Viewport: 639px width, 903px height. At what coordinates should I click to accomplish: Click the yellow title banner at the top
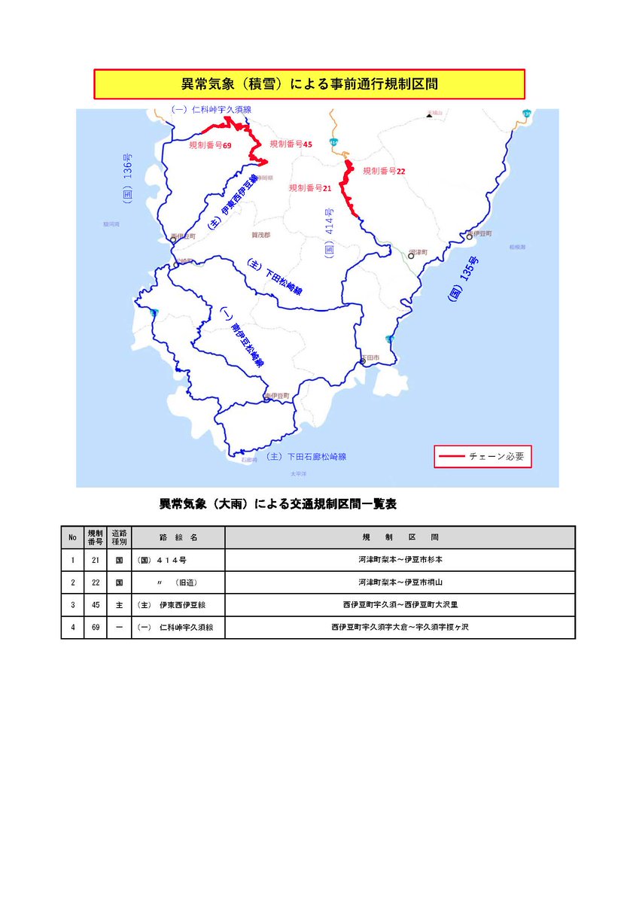pos(309,84)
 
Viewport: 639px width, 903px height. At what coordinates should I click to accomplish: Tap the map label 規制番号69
pos(210,144)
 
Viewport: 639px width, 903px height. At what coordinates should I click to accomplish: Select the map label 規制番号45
pos(291,144)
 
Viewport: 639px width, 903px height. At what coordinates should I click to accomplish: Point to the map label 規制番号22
pos(384,171)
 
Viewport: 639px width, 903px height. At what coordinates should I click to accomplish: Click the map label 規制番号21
pos(311,187)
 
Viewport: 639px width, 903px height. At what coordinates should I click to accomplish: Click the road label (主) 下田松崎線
pos(275,278)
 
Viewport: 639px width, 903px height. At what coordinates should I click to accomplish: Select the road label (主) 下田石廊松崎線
pos(306,457)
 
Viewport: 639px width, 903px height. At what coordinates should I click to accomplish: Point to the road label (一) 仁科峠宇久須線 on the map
pos(211,110)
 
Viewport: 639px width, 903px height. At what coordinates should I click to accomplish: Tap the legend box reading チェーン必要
pos(482,457)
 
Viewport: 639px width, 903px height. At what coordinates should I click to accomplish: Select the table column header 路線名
pos(178,537)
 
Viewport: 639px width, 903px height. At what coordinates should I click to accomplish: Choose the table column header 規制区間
pos(400,537)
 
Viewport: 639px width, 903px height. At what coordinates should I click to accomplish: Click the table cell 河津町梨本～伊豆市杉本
pos(400,560)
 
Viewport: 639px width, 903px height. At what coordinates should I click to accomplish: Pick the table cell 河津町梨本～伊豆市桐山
pos(400,582)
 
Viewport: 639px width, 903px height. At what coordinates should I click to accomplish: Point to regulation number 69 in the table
pos(95,628)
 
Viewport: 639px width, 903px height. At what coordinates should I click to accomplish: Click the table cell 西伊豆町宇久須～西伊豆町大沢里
pos(400,605)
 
